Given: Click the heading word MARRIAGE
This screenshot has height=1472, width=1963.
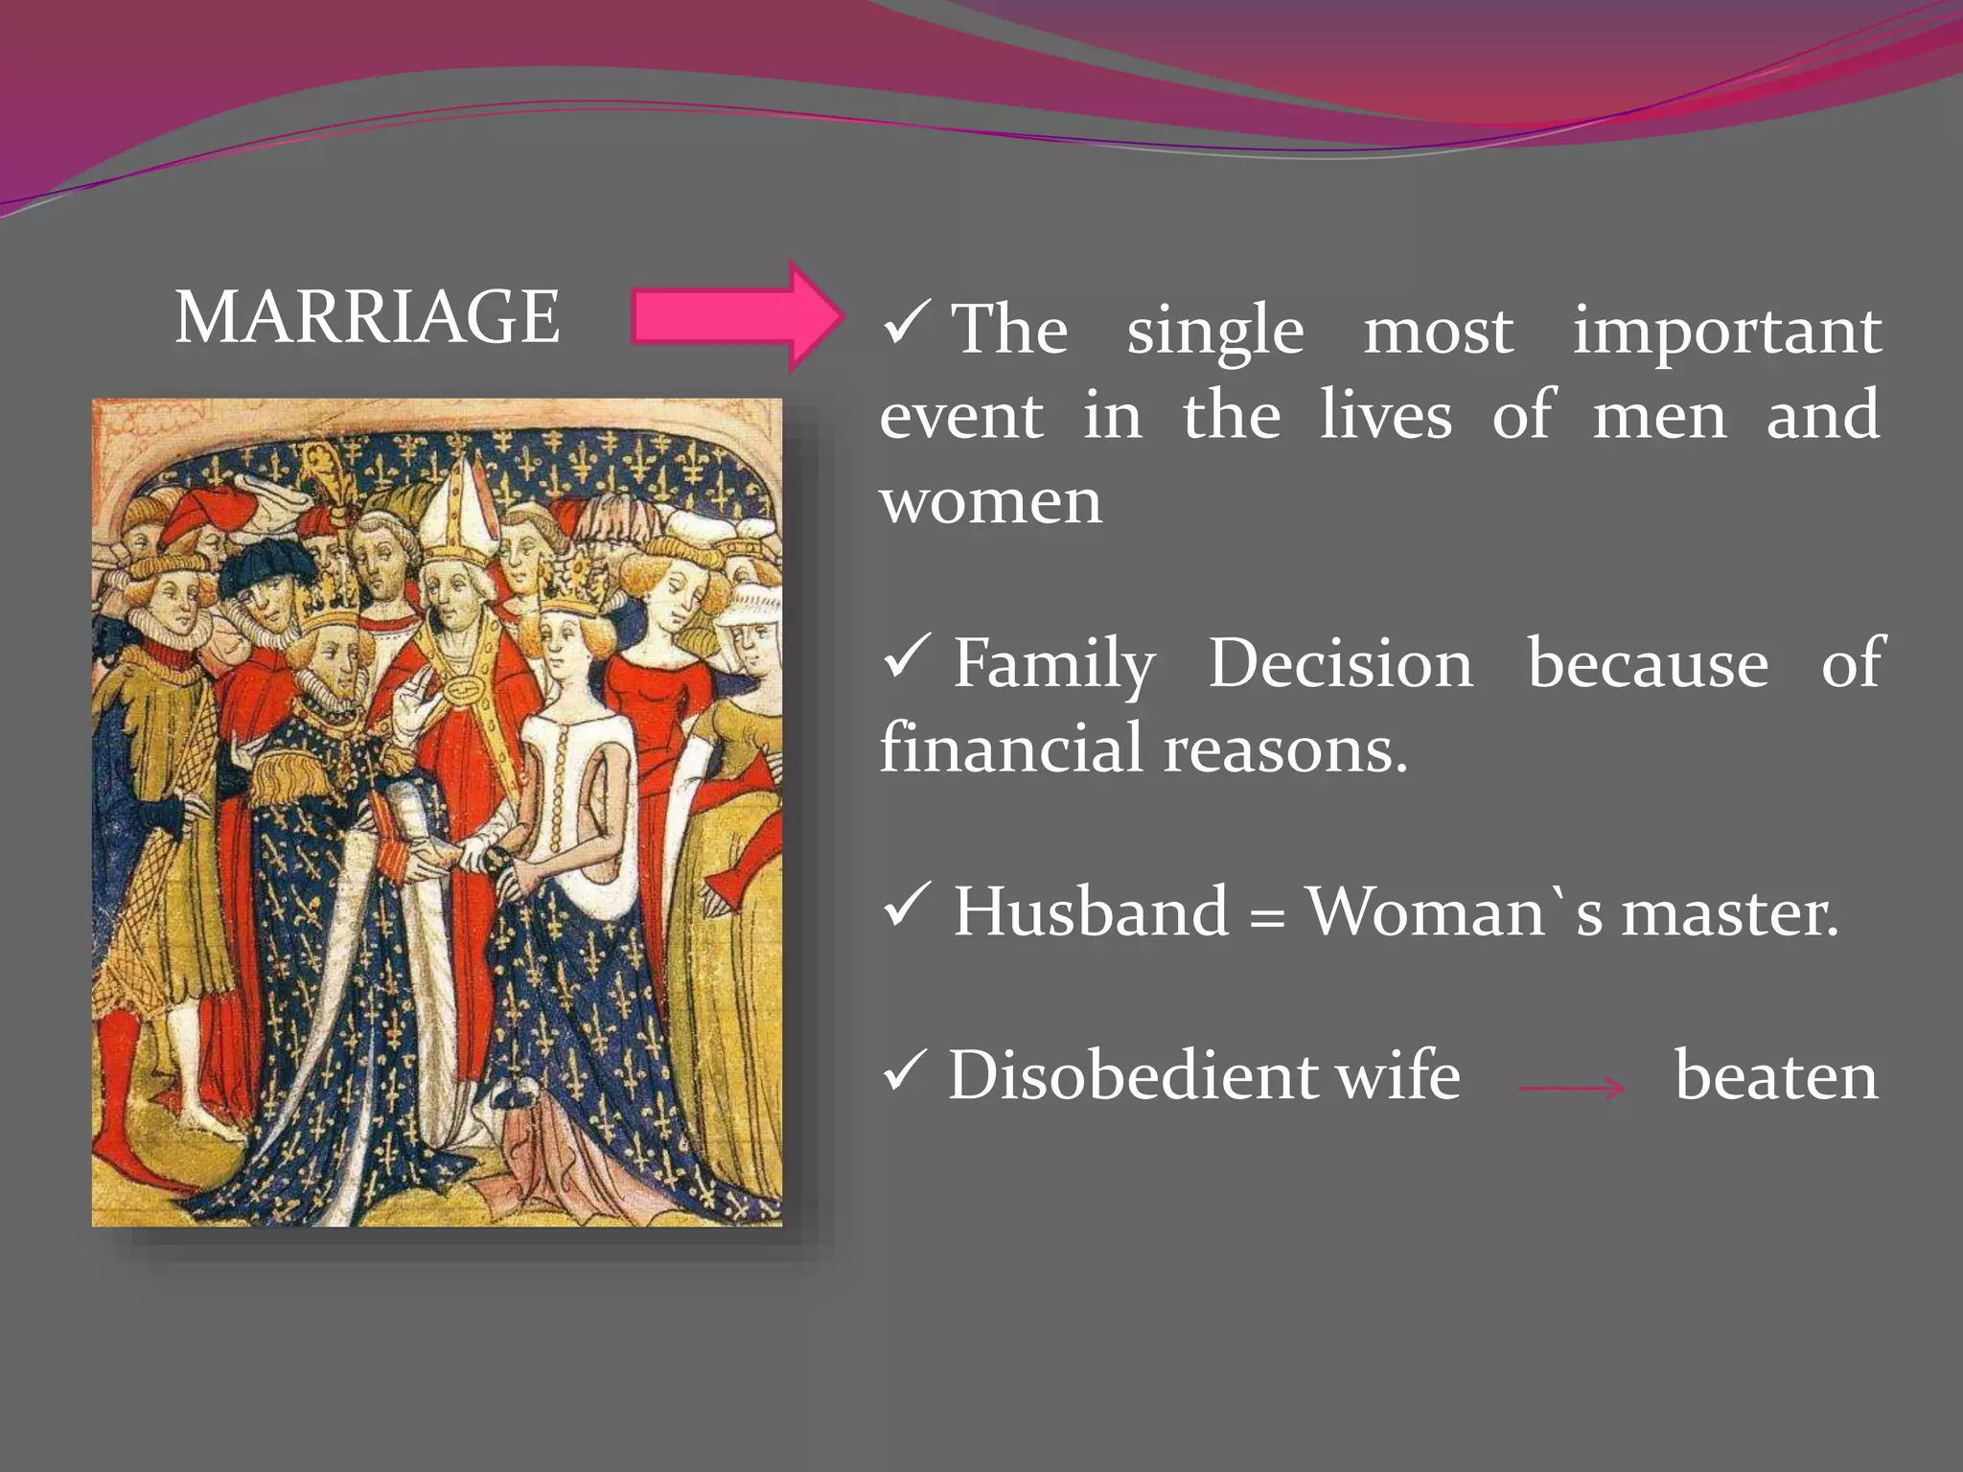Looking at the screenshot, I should pyautogui.click(x=367, y=317).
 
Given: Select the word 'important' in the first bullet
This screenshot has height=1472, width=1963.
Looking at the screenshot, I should pyautogui.click(x=1726, y=331).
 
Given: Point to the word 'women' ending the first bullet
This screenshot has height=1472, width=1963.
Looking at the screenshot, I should pyautogui.click(x=991, y=501).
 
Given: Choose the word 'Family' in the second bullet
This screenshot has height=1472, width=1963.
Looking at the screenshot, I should pyautogui.click(x=1053, y=664).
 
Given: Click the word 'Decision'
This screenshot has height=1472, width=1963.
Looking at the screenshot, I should pyautogui.click(x=1339, y=663).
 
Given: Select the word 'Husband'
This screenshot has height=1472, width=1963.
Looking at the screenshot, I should pyautogui.click(x=1090, y=911).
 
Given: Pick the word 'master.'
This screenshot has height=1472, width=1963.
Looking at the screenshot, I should pyautogui.click(x=1730, y=912).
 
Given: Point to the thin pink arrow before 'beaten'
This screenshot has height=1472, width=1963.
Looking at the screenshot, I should pyautogui.click(x=1571, y=1088).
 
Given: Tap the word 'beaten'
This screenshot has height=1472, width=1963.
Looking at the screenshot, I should pyautogui.click(x=1775, y=1076).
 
